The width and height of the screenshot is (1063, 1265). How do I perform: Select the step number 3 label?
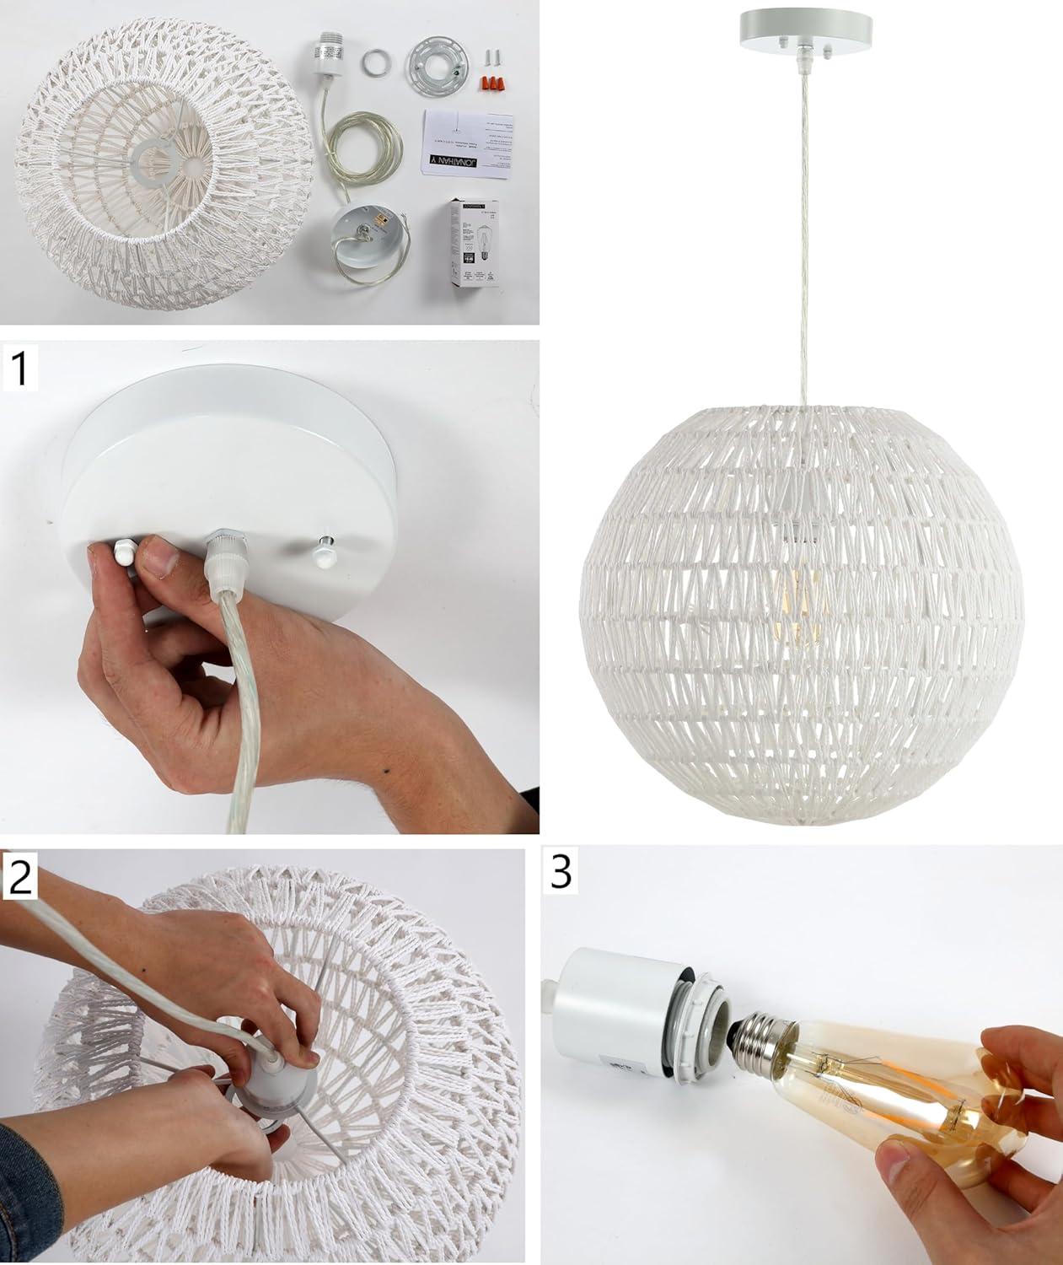[x=561, y=873]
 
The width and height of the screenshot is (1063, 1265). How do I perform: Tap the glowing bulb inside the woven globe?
[x=792, y=598]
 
